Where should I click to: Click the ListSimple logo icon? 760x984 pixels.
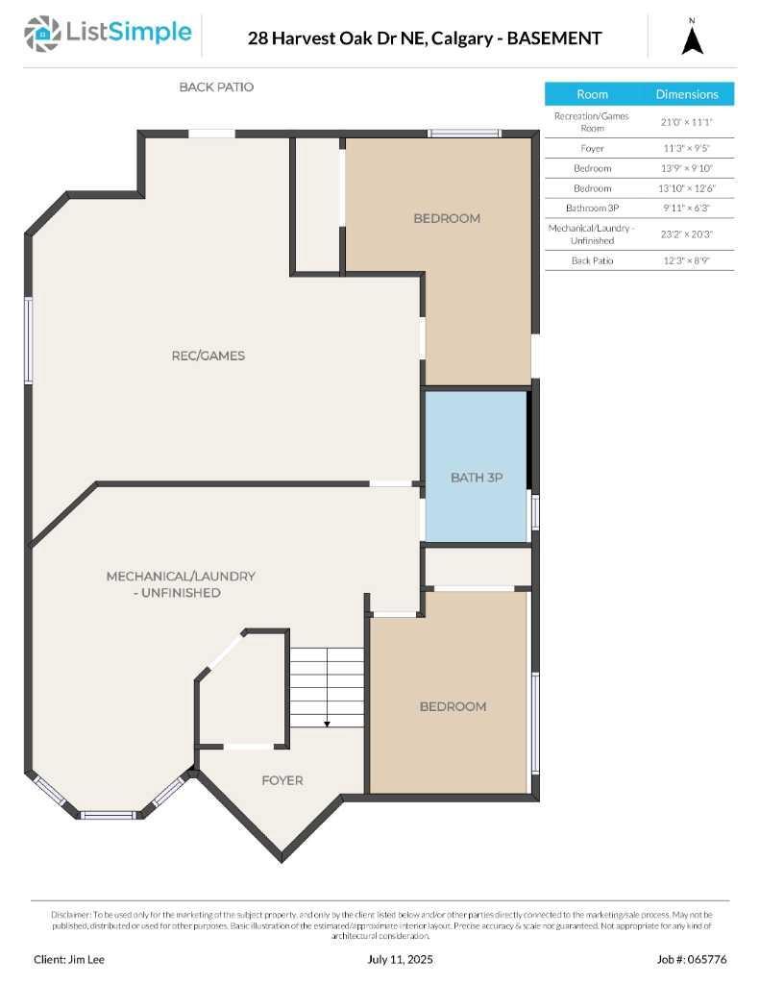41,34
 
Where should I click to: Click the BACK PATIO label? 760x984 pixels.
216,86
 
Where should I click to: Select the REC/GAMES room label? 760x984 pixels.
208,356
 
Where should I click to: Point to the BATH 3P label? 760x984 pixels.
477,478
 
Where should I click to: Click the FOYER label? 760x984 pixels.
282,780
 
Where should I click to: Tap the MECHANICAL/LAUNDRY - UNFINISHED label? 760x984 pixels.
181,584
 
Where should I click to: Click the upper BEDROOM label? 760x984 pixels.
447,218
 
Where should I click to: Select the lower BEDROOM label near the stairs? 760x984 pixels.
453,706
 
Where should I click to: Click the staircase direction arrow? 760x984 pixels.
327,723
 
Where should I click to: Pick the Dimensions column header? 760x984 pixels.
687,94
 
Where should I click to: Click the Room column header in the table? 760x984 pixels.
592,94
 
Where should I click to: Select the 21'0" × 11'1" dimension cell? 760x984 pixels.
687,122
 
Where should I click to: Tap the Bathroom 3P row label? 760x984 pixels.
592,208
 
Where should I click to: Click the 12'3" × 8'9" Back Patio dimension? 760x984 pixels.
687,260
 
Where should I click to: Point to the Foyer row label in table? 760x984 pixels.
592,149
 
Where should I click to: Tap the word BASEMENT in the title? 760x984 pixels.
554,38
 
